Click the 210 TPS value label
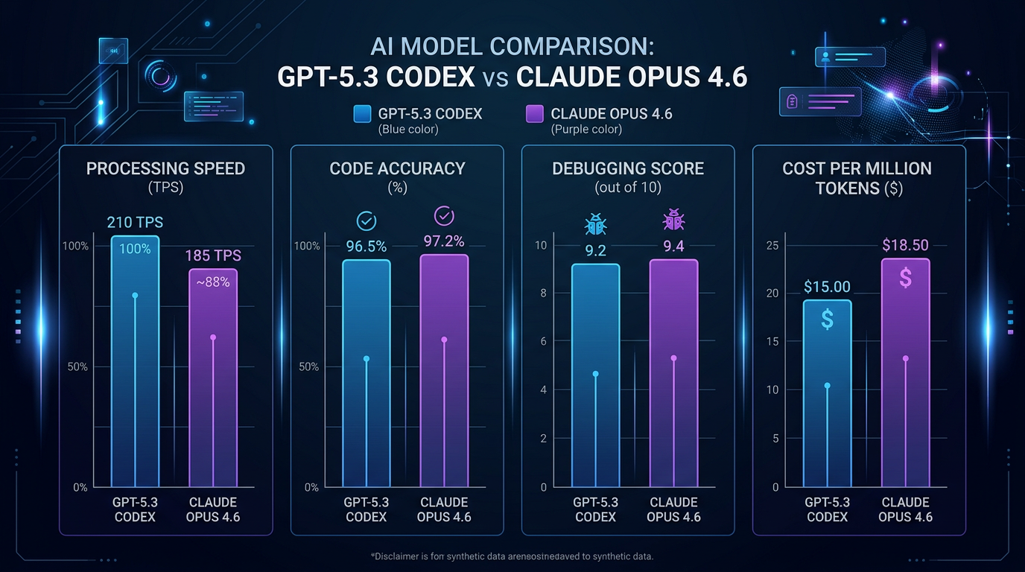coord(135,223)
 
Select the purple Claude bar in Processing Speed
coord(213,380)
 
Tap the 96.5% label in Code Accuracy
coord(366,246)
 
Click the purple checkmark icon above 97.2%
coord(444,217)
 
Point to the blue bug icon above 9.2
coord(595,223)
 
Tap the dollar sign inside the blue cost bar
coord(827,319)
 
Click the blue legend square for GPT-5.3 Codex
coord(362,114)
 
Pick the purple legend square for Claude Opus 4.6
coord(534,114)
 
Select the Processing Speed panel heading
coord(165,168)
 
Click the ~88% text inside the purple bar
coord(213,282)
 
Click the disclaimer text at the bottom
coord(512,556)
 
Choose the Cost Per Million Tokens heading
coord(857,178)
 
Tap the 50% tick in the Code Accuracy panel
coord(308,366)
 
